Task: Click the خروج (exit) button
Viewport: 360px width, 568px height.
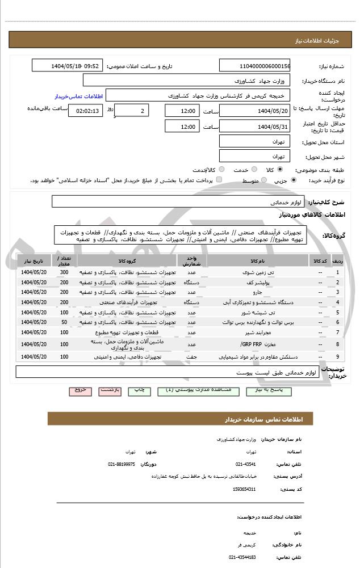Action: [x=79, y=390]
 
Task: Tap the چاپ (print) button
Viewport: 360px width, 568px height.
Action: [x=139, y=390]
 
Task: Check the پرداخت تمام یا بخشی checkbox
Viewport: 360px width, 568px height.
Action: [x=219, y=180]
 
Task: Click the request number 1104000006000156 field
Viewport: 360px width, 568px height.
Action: [x=254, y=66]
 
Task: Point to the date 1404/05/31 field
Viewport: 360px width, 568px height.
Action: [x=254, y=127]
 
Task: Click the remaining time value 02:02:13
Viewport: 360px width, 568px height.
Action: [x=85, y=111]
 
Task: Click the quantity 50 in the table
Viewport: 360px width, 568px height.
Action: [x=64, y=322]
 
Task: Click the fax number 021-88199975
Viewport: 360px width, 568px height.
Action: [x=122, y=464]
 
